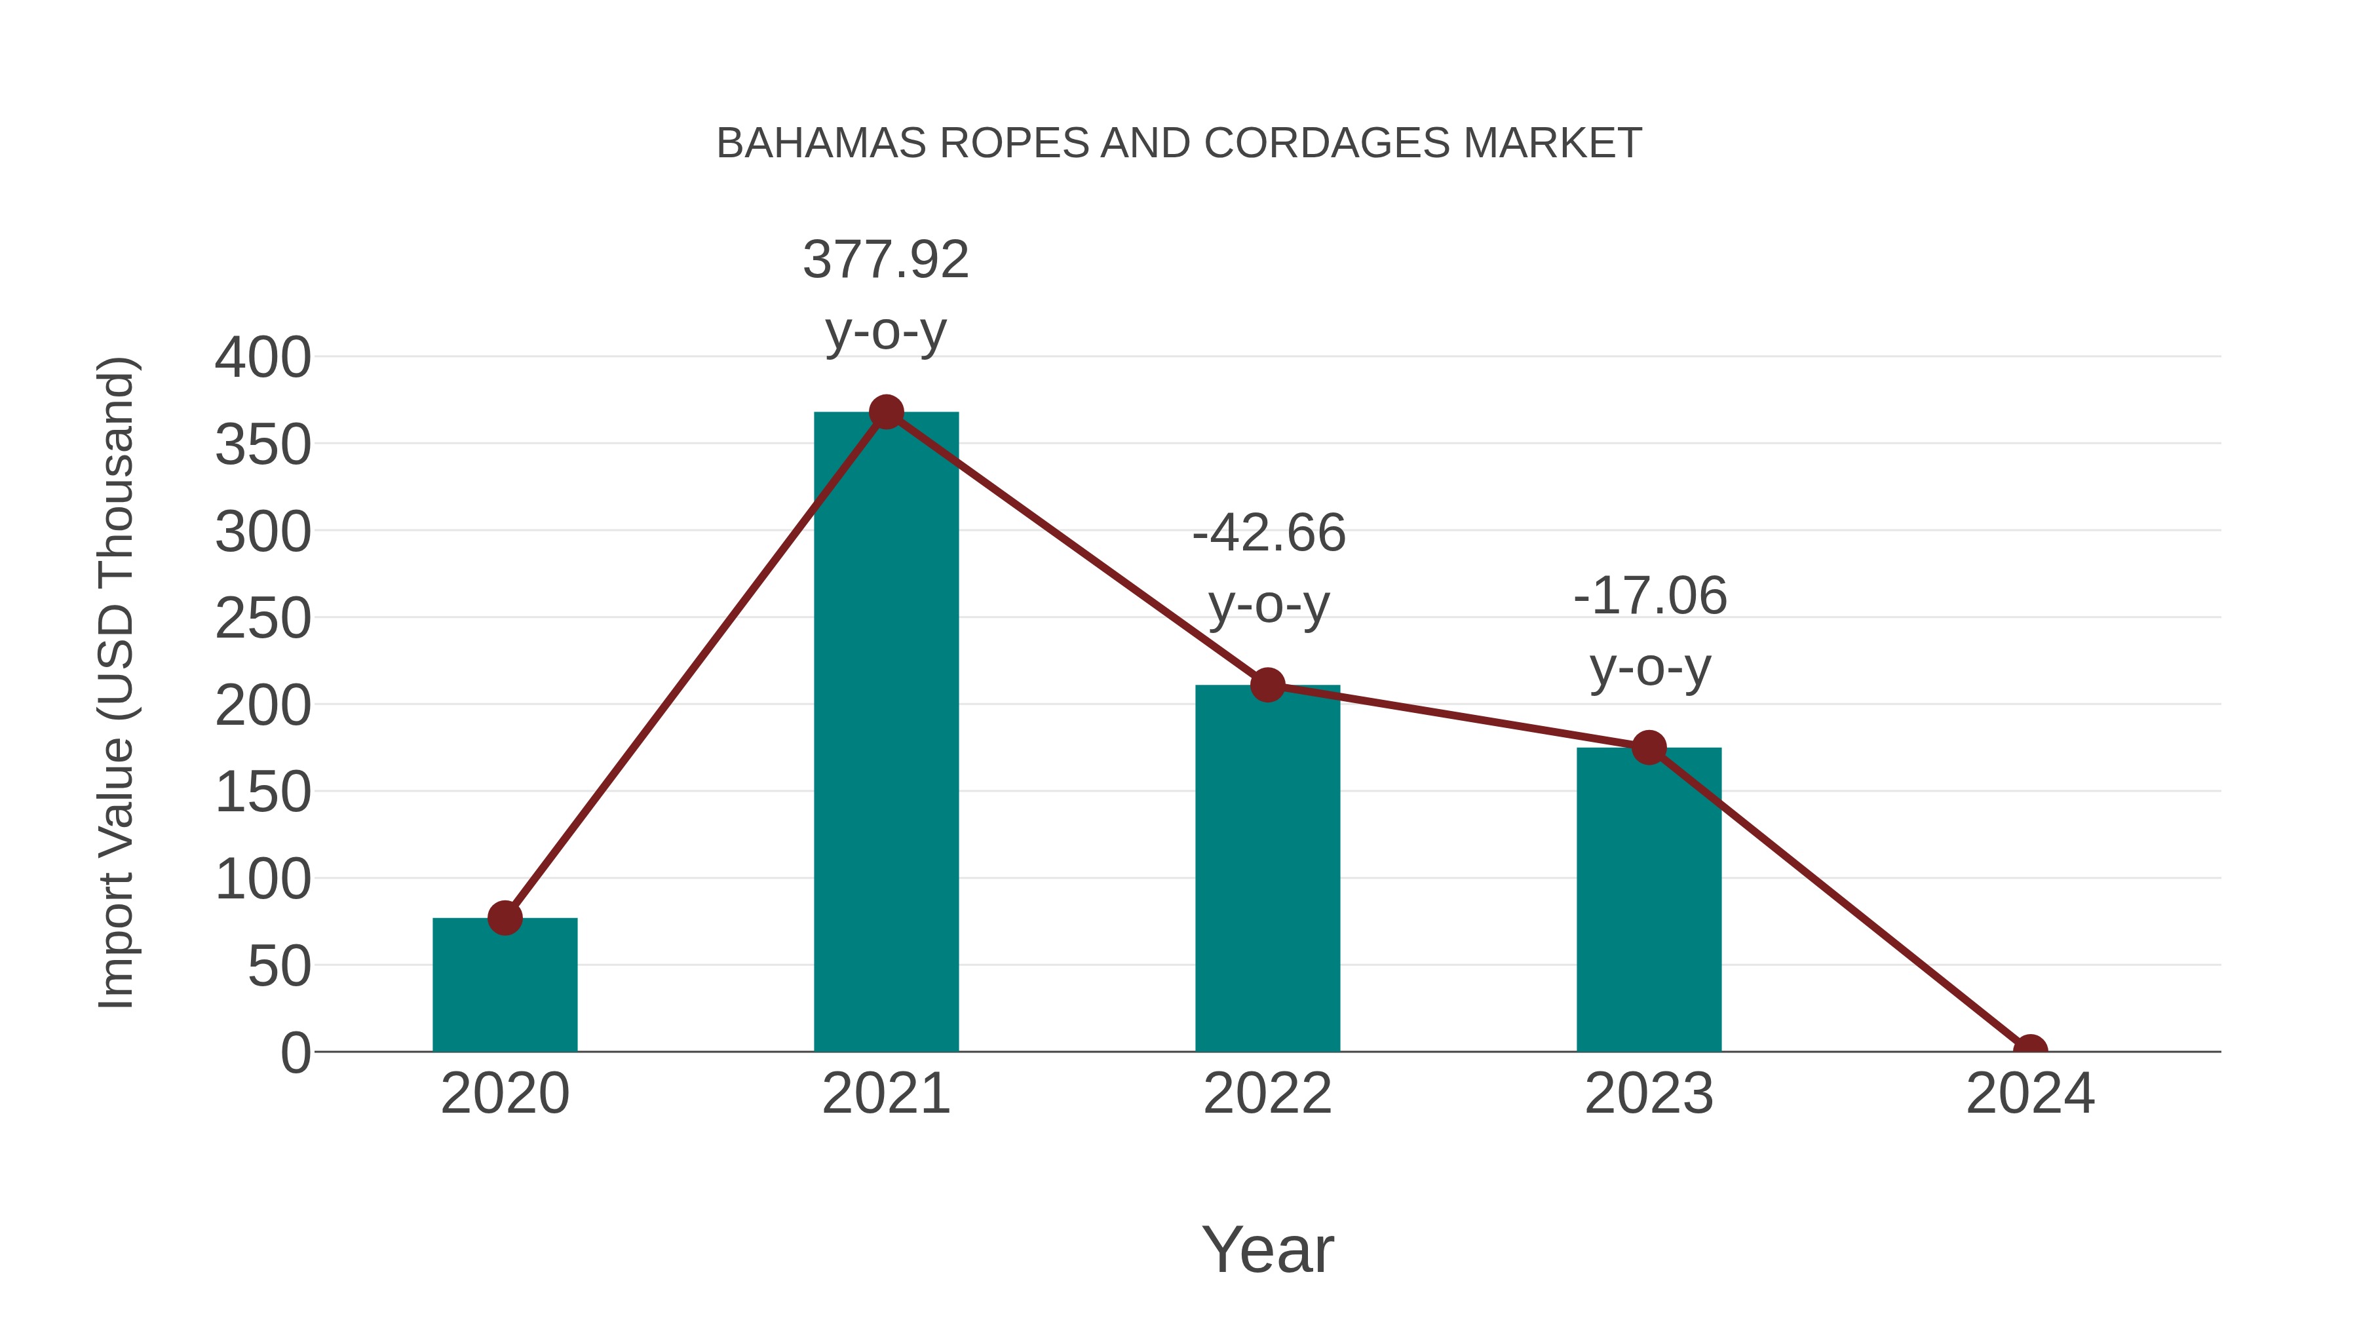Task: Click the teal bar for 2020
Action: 505,986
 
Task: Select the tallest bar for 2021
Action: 885,733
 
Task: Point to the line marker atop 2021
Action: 885,413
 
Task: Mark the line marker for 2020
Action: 505,917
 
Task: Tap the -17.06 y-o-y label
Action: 1649,631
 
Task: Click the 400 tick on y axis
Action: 263,358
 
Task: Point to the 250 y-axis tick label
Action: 263,619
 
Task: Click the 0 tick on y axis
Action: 296,1053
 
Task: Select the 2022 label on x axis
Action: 1267,1094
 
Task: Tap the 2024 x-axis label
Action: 2030,1094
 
